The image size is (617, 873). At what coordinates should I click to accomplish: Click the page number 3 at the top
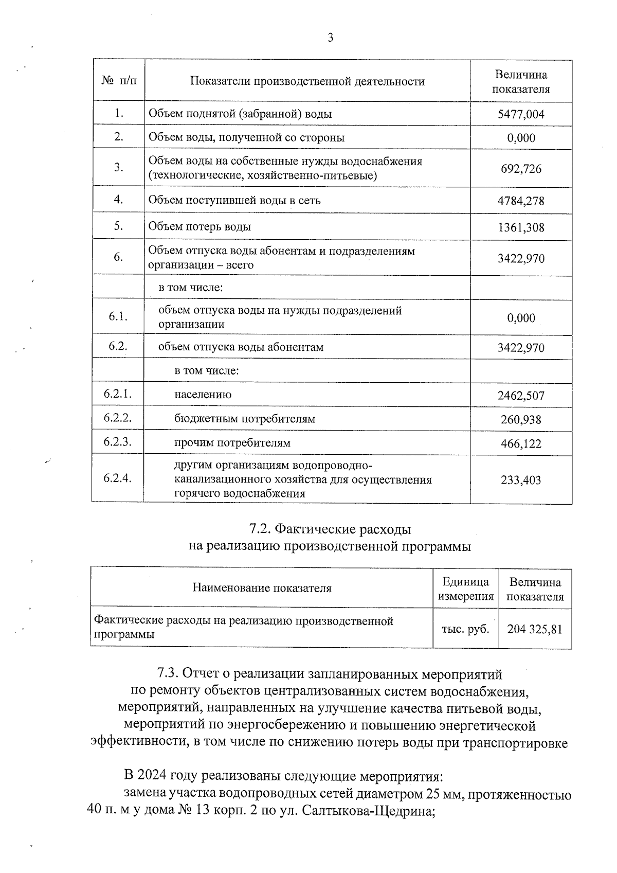coord(330,37)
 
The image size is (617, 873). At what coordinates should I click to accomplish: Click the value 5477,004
coord(521,114)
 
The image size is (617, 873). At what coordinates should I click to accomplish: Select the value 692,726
coord(521,169)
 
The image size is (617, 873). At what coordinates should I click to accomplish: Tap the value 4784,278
coord(521,201)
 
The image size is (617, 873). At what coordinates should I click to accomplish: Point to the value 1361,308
coord(521,227)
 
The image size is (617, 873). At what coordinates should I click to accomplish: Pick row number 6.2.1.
coord(118,394)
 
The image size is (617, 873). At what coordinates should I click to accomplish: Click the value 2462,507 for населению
coord(521,396)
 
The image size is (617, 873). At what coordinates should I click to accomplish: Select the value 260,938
coord(521,420)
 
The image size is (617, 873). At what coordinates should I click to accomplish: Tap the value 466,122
coord(521,443)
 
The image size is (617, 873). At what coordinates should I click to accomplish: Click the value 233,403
coord(521,480)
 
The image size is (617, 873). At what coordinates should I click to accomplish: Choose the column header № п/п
coord(119,81)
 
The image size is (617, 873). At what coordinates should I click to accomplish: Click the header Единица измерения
coord(465,589)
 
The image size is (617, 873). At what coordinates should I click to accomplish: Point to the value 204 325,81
coord(535,629)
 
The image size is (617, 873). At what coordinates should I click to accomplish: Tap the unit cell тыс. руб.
coord(465,629)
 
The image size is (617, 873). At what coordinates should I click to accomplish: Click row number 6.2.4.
coord(118,478)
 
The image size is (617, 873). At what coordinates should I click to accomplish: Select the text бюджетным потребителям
coord(245,419)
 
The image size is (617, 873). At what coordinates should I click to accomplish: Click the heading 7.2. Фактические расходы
coord(330,529)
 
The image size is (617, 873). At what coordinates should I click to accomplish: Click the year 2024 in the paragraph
coord(152,775)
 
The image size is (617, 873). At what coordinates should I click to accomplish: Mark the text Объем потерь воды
coord(199,226)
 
